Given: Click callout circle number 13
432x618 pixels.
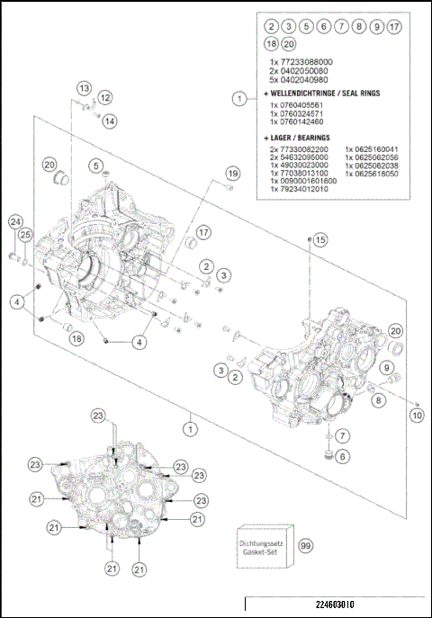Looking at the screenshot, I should pos(83,88).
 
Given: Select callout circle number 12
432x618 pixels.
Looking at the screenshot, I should pos(105,97).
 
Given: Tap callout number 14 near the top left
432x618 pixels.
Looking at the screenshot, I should pos(109,121).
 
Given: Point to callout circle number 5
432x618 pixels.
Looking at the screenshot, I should pos(94,165).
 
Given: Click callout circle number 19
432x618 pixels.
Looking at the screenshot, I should pos(232,173).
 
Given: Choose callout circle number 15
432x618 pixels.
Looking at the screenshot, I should pos(320,239).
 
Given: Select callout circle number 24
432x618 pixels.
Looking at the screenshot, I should pos(14,222).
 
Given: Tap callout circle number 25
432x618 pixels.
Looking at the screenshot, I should pos(26,235).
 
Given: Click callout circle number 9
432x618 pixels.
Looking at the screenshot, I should pos(386,368).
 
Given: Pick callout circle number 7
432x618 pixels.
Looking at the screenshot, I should pos(343,435).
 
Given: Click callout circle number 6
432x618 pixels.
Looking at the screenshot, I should pos(343,457).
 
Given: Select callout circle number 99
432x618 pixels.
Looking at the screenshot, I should pos(306,547).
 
